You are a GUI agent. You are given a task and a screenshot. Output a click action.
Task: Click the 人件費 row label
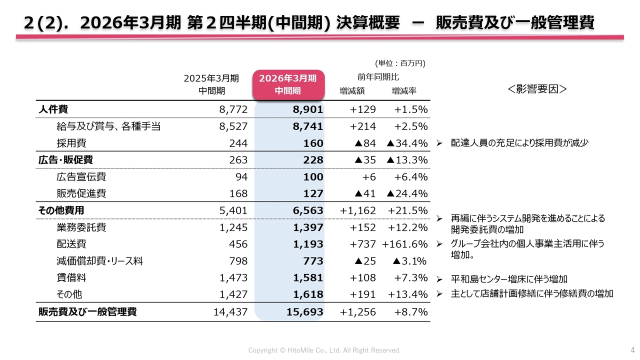tap(53, 109)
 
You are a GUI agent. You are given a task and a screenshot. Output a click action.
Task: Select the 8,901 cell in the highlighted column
tap(308, 109)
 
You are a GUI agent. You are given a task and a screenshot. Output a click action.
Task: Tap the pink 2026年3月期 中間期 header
tap(288, 84)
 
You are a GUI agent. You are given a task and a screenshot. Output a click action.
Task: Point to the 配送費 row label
tap(71, 244)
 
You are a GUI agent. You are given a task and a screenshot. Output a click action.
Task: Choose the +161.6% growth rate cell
tap(404, 244)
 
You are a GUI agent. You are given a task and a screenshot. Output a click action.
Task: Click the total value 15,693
tap(305, 312)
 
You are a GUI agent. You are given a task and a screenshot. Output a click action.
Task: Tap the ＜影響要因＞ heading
tap(537, 89)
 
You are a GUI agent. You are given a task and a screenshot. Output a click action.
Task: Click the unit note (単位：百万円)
tap(400, 63)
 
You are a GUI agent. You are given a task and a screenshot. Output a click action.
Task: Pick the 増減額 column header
tap(352, 91)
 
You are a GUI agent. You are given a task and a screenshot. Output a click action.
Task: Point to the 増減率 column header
tap(404, 91)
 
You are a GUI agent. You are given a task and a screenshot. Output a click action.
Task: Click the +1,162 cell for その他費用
tap(357, 210)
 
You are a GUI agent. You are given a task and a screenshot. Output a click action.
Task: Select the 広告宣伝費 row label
tap(81, 177)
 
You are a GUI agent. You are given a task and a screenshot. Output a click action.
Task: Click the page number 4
tap(632, 349)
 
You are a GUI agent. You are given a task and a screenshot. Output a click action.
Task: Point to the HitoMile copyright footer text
tap(324, 350)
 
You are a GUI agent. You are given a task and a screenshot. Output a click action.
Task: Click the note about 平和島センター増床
tap(509, 279)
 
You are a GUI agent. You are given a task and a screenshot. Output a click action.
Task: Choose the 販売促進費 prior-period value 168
tap(238, 193)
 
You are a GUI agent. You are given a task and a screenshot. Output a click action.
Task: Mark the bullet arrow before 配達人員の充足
tap(438, 143)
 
